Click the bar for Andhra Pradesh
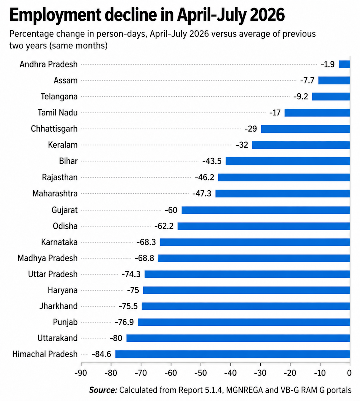point(344,64)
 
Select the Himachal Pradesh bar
point(232,354)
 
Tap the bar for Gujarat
point(266,210)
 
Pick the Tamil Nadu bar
point(317,113)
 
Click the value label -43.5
point(212,161)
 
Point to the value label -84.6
point(101,354)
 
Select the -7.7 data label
point(307,81)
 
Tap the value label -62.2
point(164,226)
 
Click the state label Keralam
point(63,145)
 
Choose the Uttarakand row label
point(57,338)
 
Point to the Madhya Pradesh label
point(47,258)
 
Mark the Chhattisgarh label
point(54,129)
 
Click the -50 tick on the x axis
point(201,373)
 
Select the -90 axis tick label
point(81,373)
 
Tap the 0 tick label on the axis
point(350,373)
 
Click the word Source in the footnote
point(103,390)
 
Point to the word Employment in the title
point(55,15)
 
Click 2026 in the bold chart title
point(267,15)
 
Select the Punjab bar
point(244,322)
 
